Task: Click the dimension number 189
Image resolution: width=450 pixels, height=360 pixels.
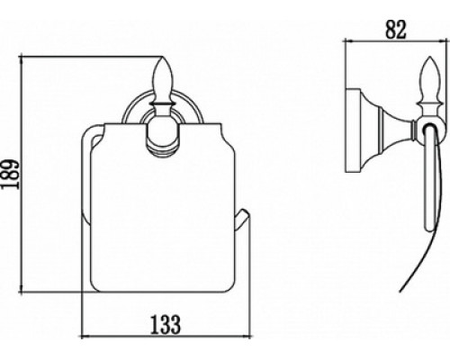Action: click(x=10, y=175)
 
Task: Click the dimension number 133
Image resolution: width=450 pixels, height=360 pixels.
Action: click(x=166, y=324)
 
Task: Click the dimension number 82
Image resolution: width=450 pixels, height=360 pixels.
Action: click(x=395, y=30)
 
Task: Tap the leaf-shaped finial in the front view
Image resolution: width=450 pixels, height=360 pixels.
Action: click(x=163, y=80)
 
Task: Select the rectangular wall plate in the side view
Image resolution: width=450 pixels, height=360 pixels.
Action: click(x=353, y=130)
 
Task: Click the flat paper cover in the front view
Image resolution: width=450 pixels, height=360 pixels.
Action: click(x=163, y=207)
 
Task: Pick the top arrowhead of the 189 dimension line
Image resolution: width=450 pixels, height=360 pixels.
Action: click(x=21, y=58)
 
